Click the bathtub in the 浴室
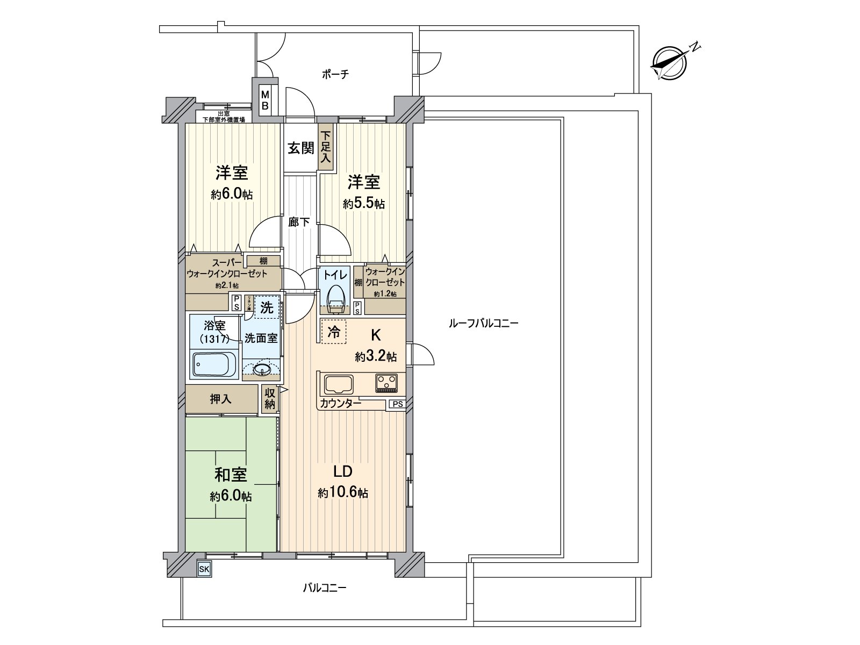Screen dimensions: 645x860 pyautogui.click(x=214, y=365)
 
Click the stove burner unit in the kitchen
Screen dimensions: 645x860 pyautogui.click(x=386, y=382)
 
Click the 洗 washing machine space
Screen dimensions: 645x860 pyautogui.click(x=267, y=308)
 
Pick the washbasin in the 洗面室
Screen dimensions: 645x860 pyautogui.click(x=262, y=370)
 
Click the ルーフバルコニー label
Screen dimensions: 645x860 pyautogui.click(x=483, y=324)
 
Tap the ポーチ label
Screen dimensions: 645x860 pyautogui.click(x=335, y=75)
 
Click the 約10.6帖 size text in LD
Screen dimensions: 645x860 pyautogui.click(x=342, y=492)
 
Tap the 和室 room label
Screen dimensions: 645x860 pyautogui.click(x=231, y=475)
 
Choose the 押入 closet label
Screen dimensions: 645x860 pyautogui.click(x=221, y=399)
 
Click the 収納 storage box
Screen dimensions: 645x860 pyautogui.click(x=270, y=399)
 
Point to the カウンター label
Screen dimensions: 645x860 pyautogui.click(x=340, y=404)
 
